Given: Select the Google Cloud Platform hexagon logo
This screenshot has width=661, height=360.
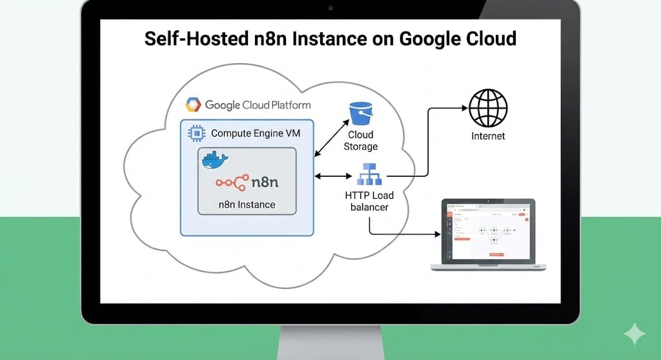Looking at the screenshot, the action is click(193, 105).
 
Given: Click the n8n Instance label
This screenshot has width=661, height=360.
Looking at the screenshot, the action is click(247, 205).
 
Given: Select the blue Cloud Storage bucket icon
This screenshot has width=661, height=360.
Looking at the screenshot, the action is click(361, 114).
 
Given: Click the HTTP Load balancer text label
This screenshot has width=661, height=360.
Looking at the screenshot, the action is click(369, 201).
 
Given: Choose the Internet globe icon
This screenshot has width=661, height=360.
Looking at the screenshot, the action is click(488, 108).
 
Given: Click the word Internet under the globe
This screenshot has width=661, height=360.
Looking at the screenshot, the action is click(488, 136).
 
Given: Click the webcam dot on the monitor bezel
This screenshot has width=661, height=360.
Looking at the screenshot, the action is click(330, 8).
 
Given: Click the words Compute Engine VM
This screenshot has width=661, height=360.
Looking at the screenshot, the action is click(254, 134).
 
